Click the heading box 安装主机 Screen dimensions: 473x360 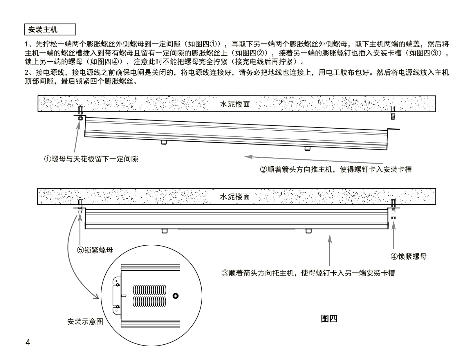[x=50, y=29]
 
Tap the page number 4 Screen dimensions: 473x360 [x=28, y=342]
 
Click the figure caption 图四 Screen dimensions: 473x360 [x=329, y=318]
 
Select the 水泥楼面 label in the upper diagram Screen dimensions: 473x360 [x=235, y=104]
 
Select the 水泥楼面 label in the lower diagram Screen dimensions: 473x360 [x=235, y=197]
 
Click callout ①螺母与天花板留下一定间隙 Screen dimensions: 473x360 [x=91, y=159]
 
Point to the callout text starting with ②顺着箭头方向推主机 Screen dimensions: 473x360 [x=336, y=169]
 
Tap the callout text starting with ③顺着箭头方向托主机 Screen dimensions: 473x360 [x=308, y=273]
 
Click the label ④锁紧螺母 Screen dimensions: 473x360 [x=409, y=256]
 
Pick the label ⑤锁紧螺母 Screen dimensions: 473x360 [x=95, y=250]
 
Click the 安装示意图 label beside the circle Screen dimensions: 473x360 [x=85, y=321]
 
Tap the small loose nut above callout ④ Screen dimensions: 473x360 [x=393, y=218]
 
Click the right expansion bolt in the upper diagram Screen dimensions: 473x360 [x=393, y=113]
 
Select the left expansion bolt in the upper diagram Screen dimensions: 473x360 [x=80, y=113]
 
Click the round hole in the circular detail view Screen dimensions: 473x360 [x=176, y=296]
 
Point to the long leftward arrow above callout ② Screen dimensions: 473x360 [x=313, y=160]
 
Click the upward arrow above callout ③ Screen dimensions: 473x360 [x=330, y=250]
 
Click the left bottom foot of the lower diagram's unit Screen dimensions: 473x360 [x=165, y=231]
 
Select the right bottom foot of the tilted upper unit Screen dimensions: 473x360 [x=308, y=149]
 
